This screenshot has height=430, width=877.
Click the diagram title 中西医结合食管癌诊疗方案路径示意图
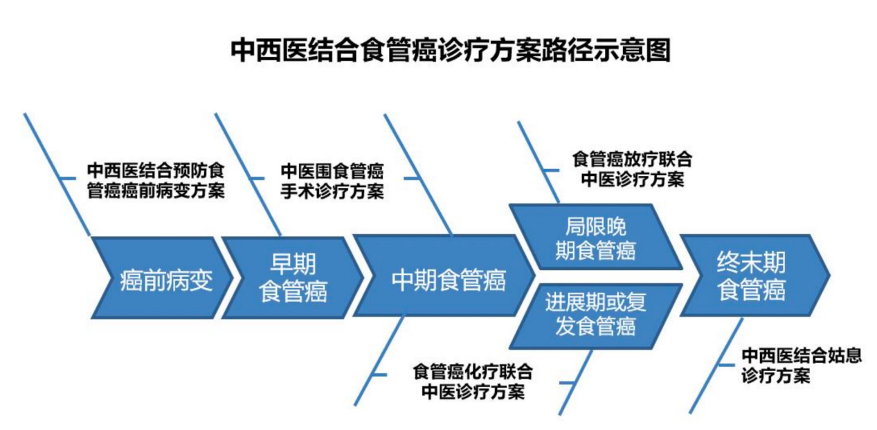pyautogui.click(x=451, y=50)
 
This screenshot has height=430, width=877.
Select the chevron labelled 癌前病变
pyautogui.click(x=162, y=278)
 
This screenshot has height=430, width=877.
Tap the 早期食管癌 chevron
pyautogui.click(x=293, y=278)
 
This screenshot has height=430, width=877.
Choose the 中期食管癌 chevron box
pyautogui.click(x=444, y=276)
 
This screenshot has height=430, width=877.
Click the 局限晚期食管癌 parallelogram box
pyautogui.click(x=596, y=237)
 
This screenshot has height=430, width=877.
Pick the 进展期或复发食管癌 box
pyautogui.click(x=596, y=316)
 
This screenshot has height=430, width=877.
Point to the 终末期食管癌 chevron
pyautogui.click(x=755, y=276)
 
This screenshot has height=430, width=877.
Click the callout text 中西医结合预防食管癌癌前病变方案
pyautogui.click(x=156, y=181)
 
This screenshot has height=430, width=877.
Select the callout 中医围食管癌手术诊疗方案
pyautogui.click(x=332, y=181)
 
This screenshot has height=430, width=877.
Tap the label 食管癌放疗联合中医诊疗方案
pyautogui.click(x=632, y=169)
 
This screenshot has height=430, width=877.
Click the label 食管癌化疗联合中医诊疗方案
pyautogui.click(x=473, y=382)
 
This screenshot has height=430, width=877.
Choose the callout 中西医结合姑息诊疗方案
pyautogui.click(x=802, y=366)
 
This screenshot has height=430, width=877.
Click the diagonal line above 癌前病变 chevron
pyautogui.click(x=57, y=175)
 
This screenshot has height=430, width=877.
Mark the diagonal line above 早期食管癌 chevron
pyautogui.click(x=248, y=175)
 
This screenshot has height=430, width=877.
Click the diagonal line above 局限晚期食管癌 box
pyautogui.click(x=539, y=162)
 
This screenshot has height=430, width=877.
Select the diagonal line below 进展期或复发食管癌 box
pyautogui.click(x=575, y=382)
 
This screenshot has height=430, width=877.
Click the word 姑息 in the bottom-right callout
pyautogui.click(x=845, y=356)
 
